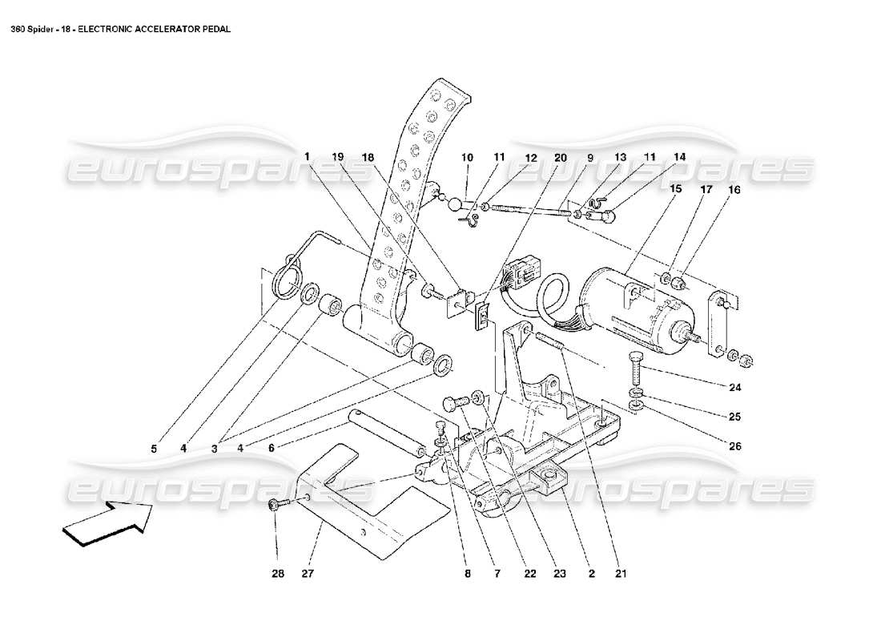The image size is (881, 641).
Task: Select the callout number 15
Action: [x=675, y=189]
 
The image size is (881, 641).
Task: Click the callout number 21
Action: [x=622, y=574]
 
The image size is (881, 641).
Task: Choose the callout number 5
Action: [x=154, y=449]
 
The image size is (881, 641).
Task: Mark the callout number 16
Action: [x=734, y=190]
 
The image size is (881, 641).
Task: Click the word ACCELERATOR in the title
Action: [x=150, y=29]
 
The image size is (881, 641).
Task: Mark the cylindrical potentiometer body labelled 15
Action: [x=633, y=308]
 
